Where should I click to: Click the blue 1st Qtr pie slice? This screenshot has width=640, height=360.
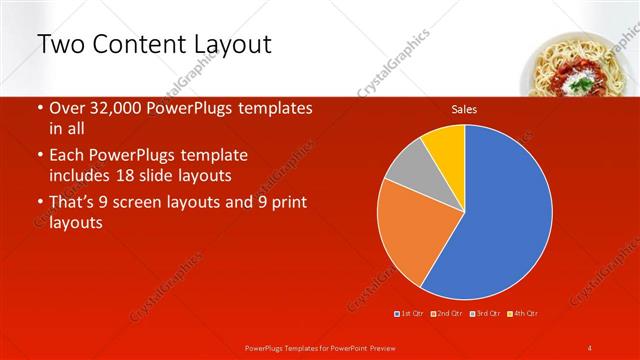(x=500, y=210)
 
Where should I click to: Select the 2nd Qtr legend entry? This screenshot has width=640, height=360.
(x=446, y=314)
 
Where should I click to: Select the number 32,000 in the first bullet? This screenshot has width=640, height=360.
(x=122, y=108)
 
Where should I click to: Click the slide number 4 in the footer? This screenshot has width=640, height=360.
(x=590, y=347)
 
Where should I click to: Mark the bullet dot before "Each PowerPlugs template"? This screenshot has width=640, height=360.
(x=39, y=156)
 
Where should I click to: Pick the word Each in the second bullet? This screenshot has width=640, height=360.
(x=68, y=156)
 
